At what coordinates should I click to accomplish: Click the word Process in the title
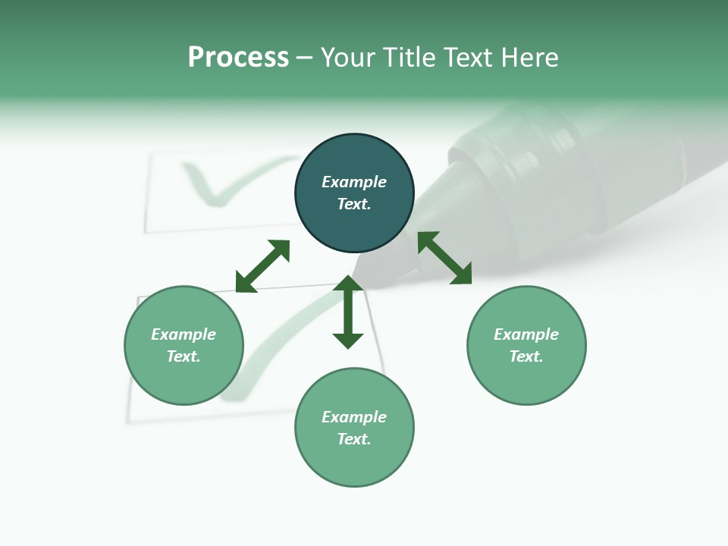coord(238,58)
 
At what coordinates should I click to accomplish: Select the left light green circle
coord(184,379)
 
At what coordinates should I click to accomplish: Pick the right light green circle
coord(526,379)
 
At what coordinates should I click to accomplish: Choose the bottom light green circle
coord(354,463)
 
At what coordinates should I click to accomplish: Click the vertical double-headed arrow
coord(348,312)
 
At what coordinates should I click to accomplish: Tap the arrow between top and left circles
coord(262,266)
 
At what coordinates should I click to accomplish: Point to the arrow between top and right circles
coord(444,258)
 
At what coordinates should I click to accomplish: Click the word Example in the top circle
coord(354,182)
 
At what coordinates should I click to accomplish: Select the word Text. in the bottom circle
coord(354,439)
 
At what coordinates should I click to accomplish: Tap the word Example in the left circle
coord(184,334)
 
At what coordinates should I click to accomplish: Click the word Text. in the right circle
coord(526,356)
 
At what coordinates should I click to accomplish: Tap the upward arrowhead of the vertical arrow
coord(348,284)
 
